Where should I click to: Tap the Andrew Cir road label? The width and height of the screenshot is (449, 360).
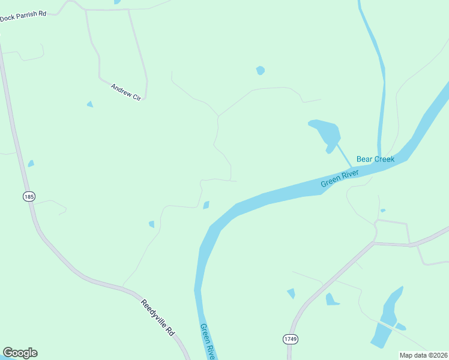coord(125,92)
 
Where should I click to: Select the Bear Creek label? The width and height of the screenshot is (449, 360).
coord(375,159)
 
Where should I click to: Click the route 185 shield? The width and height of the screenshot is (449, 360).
coord(29,196)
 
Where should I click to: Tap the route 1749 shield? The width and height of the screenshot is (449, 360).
coord(290,340)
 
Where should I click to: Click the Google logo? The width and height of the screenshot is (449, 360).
coord(20,353)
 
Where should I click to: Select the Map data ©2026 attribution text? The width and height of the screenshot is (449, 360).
coord(423,355)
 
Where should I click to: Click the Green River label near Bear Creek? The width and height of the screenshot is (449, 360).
coord(339,178)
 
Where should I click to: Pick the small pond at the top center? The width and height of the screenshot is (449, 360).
coord(260,70)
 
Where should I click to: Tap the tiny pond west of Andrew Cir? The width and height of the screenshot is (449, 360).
coord(90,104)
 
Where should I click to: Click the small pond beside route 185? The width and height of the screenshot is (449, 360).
coord(31,163)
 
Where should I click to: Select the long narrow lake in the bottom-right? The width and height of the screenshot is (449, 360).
coord(385,318)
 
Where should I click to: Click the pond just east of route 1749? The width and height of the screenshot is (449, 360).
coord(331,299)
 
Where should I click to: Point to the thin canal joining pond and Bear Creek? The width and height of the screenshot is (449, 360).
coord(344,155)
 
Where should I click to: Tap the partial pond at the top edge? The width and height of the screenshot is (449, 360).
coord(117,2)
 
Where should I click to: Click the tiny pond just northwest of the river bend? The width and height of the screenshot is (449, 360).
coord(206,205)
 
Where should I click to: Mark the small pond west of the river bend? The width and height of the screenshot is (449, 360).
coord(152,224)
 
